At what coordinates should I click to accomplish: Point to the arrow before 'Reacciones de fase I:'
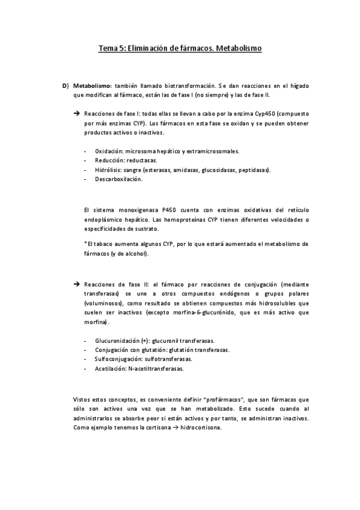click(x=76, y=113)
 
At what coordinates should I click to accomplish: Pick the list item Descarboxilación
click(x=118, y=179)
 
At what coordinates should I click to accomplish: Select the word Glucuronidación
click(x=117, y=340)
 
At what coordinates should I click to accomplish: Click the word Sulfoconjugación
click(x=117, y=358)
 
